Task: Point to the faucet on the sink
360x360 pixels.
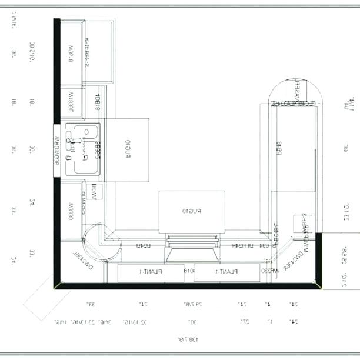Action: pos(74,142)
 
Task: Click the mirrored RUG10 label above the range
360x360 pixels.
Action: pos(192,211)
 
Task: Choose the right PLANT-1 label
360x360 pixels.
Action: pos(226,272)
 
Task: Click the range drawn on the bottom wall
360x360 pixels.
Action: pos(192,248)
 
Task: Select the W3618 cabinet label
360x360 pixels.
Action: pos(70,54)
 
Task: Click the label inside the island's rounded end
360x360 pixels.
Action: pos(294,93)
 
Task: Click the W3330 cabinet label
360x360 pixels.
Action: pos(70,209)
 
